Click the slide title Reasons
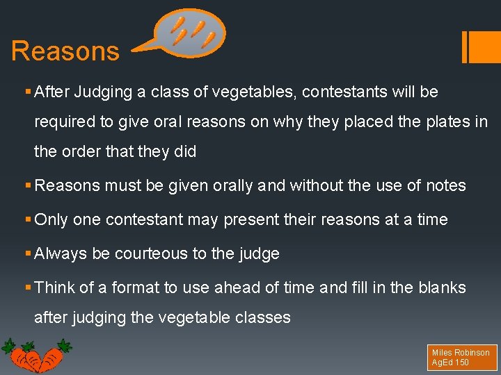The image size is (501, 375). click(x=65, y=51)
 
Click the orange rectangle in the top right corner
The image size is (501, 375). click(x=482, y=47)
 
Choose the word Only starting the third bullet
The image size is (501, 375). click(x=51, y=219)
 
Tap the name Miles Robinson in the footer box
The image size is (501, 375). click(x=461, y=353)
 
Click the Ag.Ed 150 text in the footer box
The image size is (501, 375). click(x=450, y=362)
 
